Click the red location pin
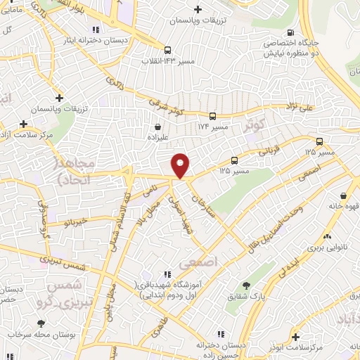[181, 165]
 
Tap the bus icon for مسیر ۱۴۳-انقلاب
[167, 50]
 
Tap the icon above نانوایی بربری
[326, 237]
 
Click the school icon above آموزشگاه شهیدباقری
[167, 274]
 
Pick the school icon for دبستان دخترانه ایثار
[95, 29]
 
